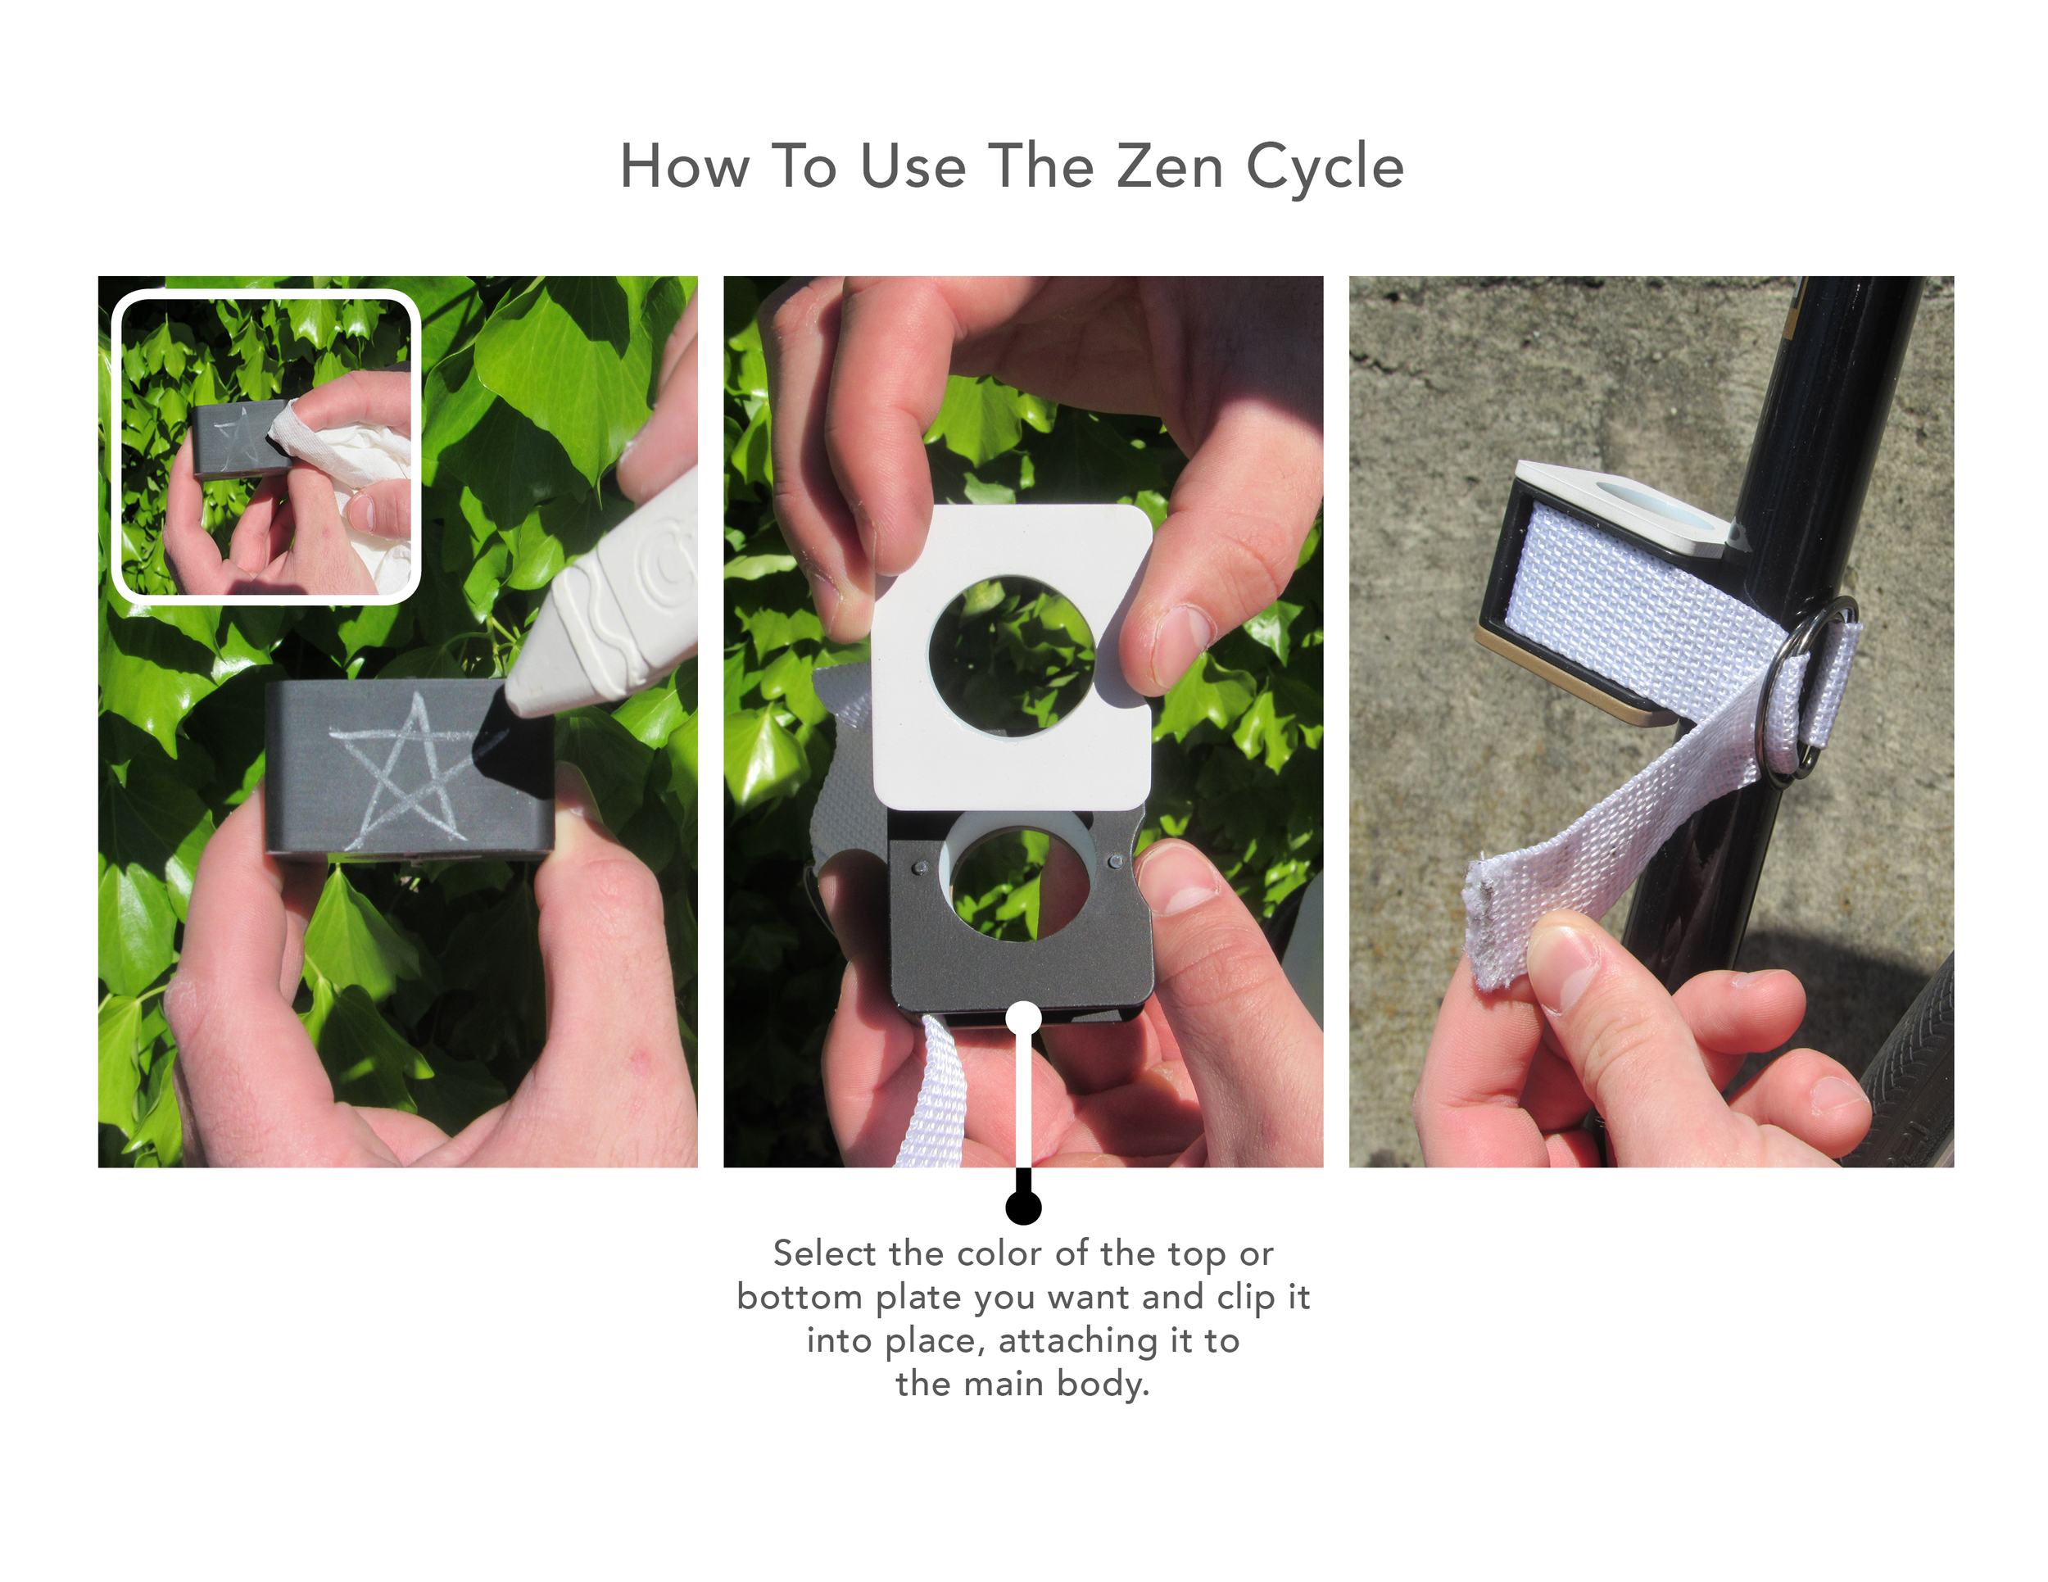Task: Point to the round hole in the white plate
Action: click(x=1011, y=655)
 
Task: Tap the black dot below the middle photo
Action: click(x=1023, y=1206)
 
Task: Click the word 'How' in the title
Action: click(x=685, y=167)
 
